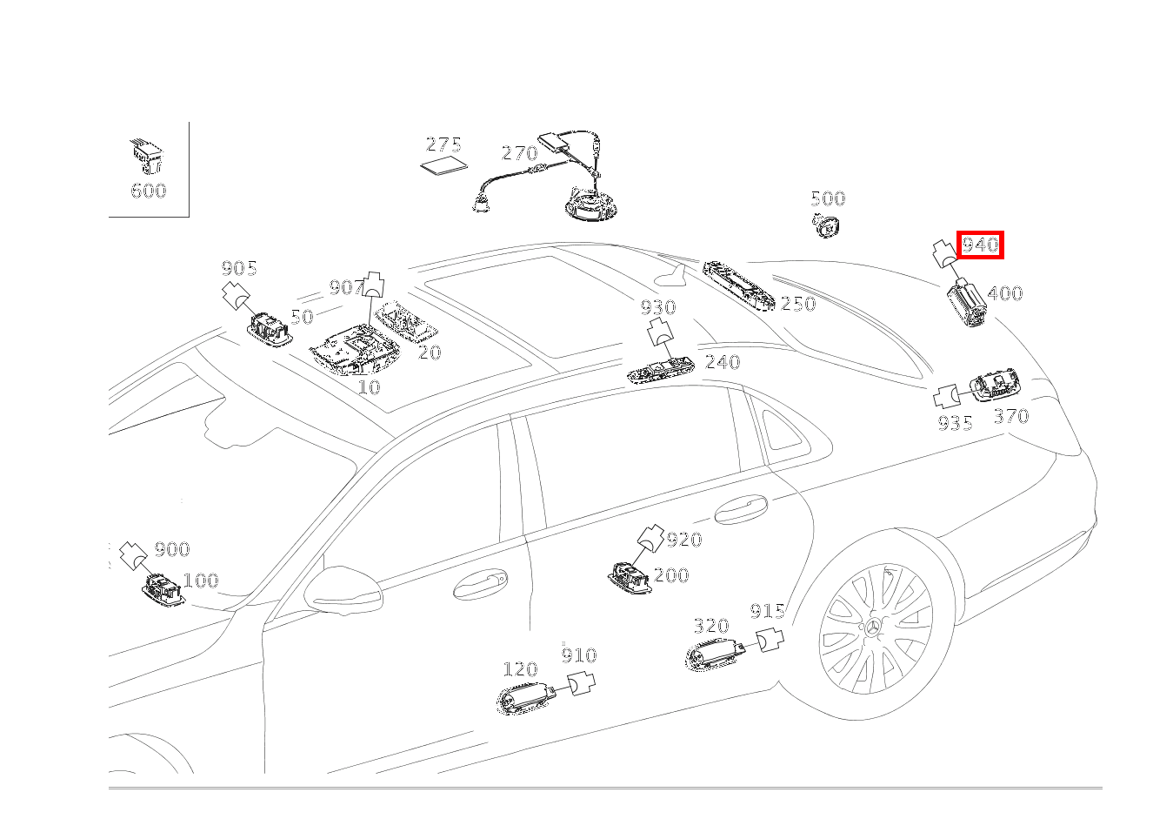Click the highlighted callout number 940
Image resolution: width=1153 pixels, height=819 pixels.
tap(980, 245)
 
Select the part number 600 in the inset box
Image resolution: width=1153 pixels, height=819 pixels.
tap(148, 191)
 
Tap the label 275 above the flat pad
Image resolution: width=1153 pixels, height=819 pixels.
tap(443, 144)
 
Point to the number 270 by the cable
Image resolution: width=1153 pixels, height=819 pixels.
tap(519, 153)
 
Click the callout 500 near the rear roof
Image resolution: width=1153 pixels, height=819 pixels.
tap(827, 198)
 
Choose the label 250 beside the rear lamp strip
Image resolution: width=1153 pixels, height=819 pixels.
tap(797, 304)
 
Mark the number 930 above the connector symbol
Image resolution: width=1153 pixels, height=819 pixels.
tap(658, 307)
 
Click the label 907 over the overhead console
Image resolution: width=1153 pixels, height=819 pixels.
tap(345, 287)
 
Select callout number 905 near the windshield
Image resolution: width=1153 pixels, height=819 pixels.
tap(239, 268)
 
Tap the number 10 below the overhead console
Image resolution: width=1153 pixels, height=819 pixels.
tap(369, 387)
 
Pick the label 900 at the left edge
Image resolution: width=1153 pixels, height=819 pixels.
tap(171, 549)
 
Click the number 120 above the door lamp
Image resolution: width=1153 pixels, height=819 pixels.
tap(520, 669)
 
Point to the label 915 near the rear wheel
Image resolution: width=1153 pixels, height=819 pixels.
tap(767, 611)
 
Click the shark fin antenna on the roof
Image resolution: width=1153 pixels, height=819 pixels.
tap(673, 279)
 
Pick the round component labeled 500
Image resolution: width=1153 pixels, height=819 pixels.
tap(827, 225)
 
